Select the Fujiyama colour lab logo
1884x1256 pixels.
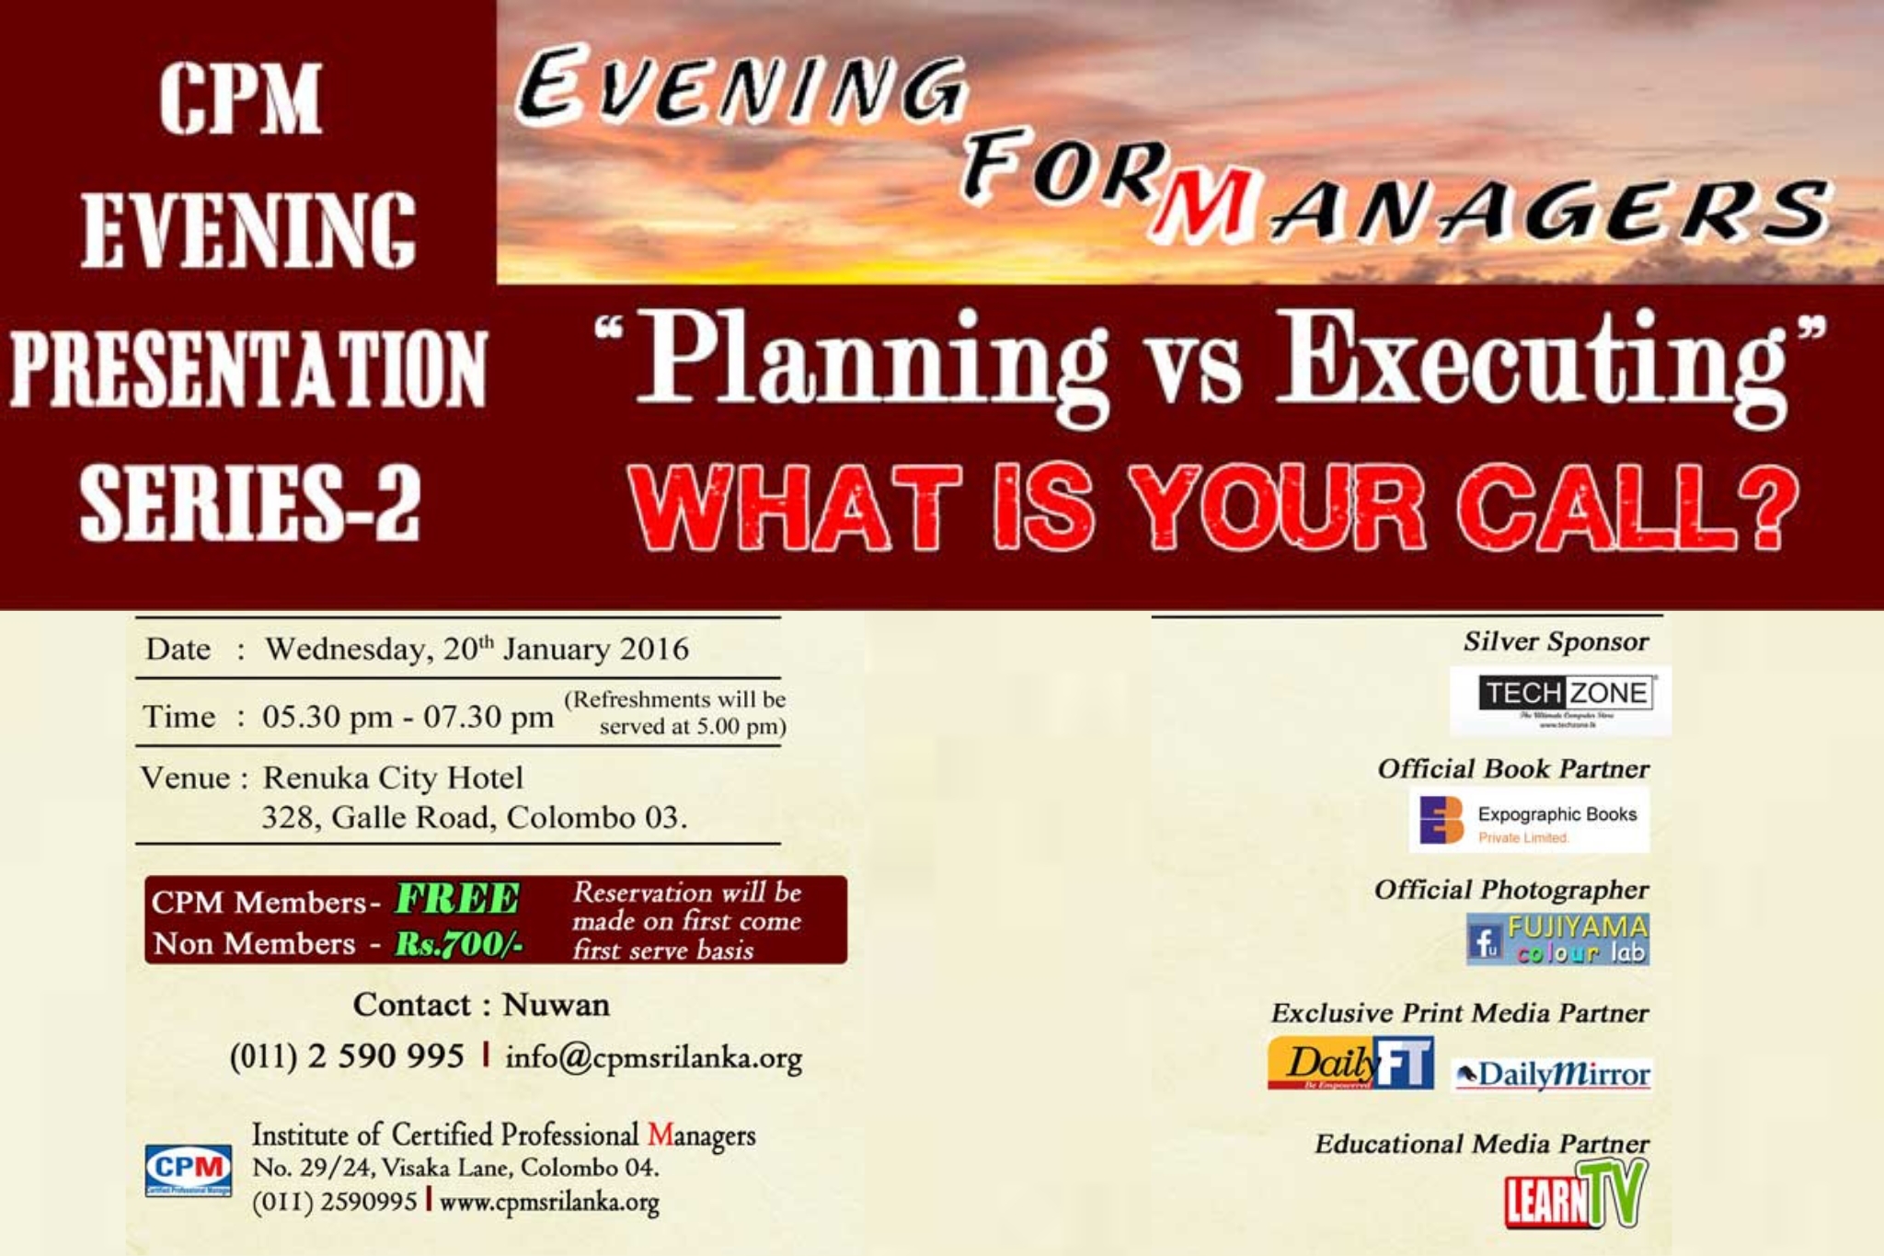click(1557, 939)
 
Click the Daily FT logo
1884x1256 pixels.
click(1350, 1064)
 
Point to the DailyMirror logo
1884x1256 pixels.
click(1553, 1074)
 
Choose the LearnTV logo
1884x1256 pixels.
click(1575, 1194)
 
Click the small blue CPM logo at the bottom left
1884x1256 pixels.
click(189, 1170)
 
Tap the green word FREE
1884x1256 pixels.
click(457, 899)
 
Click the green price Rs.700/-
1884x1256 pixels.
click(458, 944)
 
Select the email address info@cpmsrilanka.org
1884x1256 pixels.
click(654, 1058)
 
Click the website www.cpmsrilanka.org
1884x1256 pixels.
click(549, 1202)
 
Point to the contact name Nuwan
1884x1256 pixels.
click(556, 1005)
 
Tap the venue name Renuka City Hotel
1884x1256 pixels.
click(393, 778)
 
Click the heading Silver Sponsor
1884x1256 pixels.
click(1556, 642)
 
